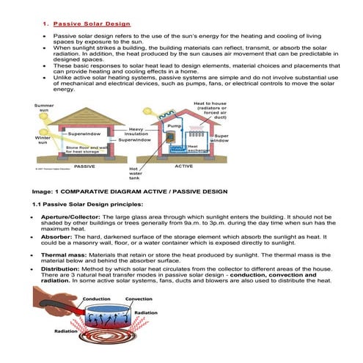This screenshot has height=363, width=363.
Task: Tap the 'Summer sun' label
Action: tap(43, 108)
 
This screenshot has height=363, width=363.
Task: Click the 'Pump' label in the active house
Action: tap(174, 126)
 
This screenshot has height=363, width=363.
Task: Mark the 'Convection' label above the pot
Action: tap(139, 299)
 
